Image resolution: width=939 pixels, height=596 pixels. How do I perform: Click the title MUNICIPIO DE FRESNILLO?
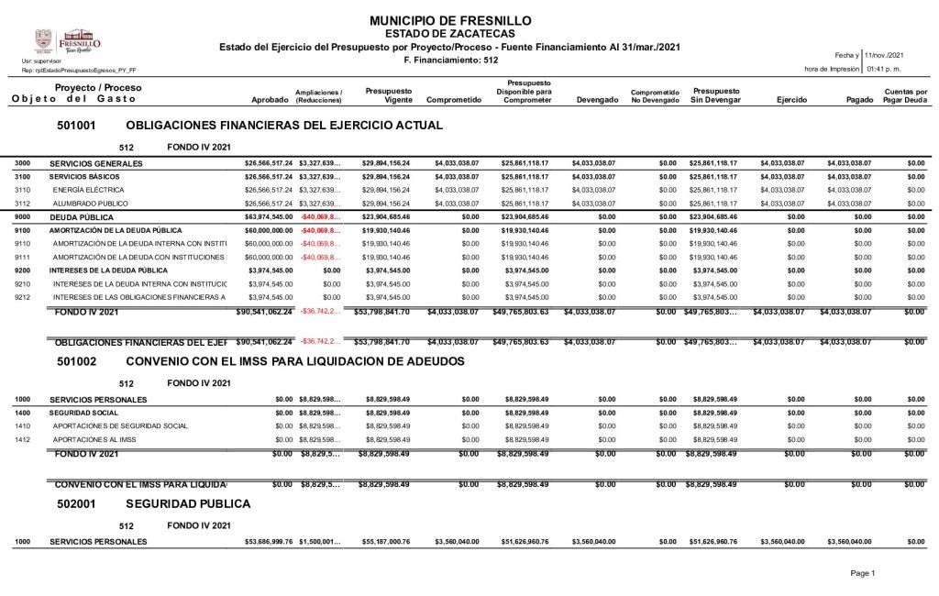pyautogui.click(x=450, y=20)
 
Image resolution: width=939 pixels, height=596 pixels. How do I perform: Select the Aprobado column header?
pyautogui.click(x=271, y=99)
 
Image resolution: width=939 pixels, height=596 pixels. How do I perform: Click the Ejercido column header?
pyautogui.click(x=791, y=99)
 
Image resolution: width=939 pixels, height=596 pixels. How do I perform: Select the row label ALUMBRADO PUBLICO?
pyautogui.click(x=89, y=203)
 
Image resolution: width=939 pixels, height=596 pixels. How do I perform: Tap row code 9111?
pyautogui.click(x=23, y=258)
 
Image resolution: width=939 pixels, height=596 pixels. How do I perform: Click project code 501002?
pyautogui.click(x=77, y=361)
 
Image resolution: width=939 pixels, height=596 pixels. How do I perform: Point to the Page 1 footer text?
pyautogui.click(x=863, y=573)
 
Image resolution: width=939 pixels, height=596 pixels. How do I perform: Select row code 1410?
pyautogui.click(x=23, y=425)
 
